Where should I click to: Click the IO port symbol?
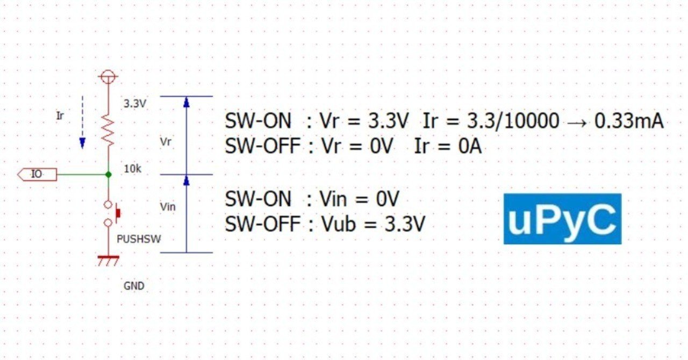[x=37, y=175]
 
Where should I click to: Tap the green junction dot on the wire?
[x=109, y=175]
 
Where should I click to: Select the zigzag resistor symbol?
[x=108, y=129]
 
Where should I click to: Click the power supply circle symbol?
[x=108, y=76]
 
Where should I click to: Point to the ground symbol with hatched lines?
[x=108, y=261]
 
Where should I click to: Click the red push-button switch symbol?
[x=112, y=213]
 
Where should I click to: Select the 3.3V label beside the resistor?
[x=135, y=104]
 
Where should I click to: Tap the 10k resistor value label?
[x=133, y=169]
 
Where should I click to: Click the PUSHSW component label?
[x=139, y=239]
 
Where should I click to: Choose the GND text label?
[x=134, y=286]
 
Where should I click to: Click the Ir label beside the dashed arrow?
[x=60, y=116]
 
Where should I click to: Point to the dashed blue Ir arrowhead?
[x=82, y=143]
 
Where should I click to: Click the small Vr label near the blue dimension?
[x=166, y=142]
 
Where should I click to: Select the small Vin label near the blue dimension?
[x=168, y=207]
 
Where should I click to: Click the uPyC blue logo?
[x=562, y=219]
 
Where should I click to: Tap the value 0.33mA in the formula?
[x=629, y=121]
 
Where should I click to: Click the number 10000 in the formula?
[x=532, y=121]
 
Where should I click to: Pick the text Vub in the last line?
[x=339, y=224]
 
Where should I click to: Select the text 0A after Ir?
[x=470, y=146]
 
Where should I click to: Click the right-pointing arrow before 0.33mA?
[x=577, y=123]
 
